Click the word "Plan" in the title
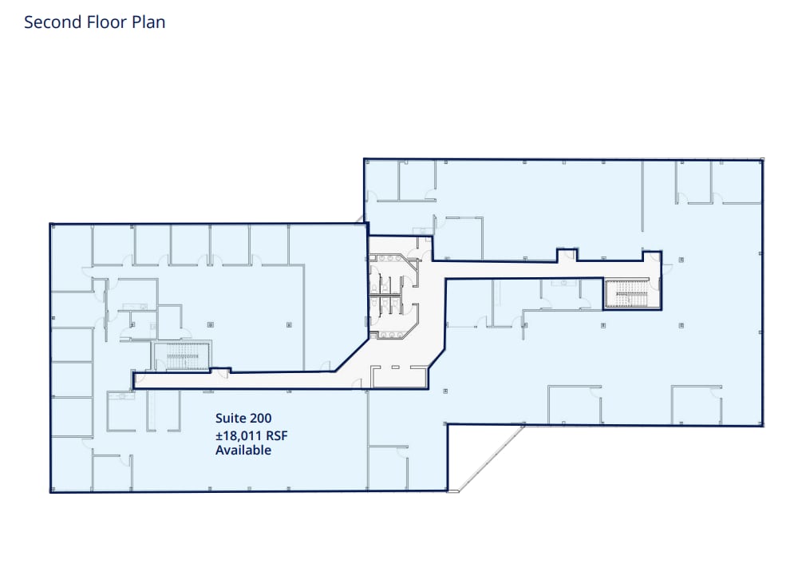click(149, 22)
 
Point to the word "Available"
click(243, 450)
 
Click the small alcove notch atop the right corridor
click(566, 255)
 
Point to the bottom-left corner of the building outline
click(50, 492)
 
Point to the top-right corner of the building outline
click(763, 159)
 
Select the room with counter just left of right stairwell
click(568, 292)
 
